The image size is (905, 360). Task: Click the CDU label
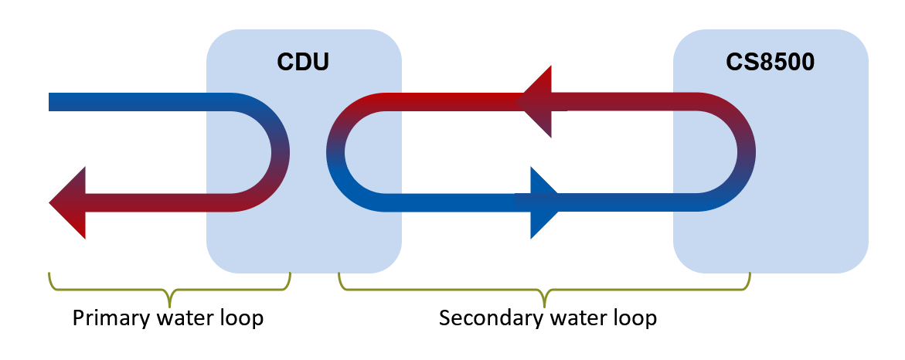click(303, 61)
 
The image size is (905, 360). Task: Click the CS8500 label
click(770, 61)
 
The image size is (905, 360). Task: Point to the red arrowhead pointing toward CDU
click(537, 101)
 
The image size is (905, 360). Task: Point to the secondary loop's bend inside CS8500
click(744, 152)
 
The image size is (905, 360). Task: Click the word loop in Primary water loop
click(240, 318)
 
